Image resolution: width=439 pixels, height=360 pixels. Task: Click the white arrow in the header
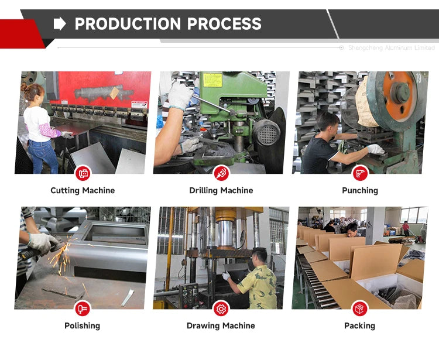click(60, 23)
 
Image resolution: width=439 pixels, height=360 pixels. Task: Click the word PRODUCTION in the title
click(128, 24)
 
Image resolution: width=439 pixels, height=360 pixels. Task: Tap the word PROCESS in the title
click(224, 24)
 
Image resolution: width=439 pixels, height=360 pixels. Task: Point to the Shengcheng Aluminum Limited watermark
click(392, 48)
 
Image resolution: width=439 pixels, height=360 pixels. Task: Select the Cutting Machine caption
click(83, 190)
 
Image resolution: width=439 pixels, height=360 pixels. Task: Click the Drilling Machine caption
click(221, 190)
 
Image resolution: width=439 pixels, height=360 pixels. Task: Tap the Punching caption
click(360, 191)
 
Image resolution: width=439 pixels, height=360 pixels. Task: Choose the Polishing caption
click(83, 326)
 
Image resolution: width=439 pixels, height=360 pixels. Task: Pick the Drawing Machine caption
click(221, 326)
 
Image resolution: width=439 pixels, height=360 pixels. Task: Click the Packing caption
click(360, 326)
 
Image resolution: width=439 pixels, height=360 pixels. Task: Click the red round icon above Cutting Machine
click(83, 173)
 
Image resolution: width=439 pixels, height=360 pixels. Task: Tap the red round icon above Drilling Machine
click(221, 173)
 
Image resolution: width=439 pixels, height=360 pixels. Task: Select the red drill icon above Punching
click(360, 173)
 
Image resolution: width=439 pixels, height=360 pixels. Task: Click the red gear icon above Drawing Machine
click(221, 308)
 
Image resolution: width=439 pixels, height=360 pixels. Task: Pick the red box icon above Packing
click(359, 308)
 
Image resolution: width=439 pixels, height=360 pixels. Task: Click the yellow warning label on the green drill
click(212, 80)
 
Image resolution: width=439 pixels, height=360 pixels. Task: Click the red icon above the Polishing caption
click(83, 308)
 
